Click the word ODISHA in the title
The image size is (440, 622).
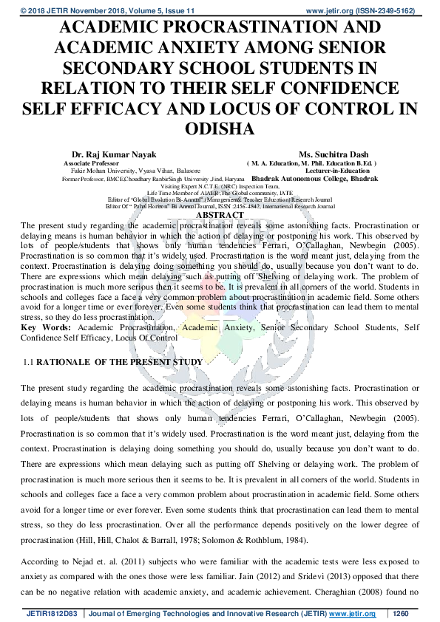220,128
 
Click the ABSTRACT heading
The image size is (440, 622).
220,215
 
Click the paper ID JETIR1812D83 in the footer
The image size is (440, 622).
52,614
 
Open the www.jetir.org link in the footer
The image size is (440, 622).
352,614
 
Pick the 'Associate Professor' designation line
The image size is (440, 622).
91,163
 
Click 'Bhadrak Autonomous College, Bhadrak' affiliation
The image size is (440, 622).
315,178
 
